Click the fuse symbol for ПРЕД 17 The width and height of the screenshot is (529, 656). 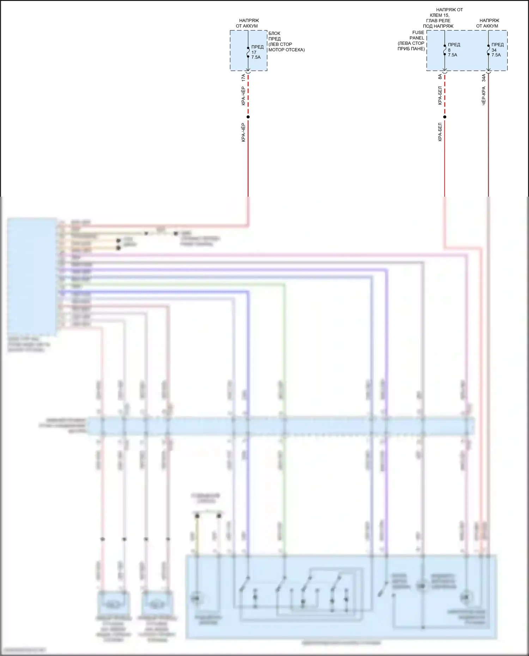click(248, 52)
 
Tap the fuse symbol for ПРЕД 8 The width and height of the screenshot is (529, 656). click(445, 50)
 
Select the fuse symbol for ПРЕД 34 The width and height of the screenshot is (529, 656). click(488, 50)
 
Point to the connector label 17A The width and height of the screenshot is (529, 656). click(243, 78)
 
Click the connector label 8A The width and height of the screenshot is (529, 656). click(440, 77)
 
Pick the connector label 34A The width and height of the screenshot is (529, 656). click(484, 78)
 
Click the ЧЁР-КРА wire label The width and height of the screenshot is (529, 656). click(484, 96)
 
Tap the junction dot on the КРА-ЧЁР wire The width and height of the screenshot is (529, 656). click(248, 117)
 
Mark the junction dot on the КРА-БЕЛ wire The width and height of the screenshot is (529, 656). click(445, 117)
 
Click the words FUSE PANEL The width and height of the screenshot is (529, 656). click(417, 35)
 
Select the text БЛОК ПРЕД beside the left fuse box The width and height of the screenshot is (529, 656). click(274, 36)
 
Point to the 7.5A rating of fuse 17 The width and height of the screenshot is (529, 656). click(256, 57)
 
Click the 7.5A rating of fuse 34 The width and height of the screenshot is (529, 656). click(496, 55)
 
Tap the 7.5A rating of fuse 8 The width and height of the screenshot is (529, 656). click(452, 55)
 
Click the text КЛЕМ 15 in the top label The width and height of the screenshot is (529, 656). click(439, 15)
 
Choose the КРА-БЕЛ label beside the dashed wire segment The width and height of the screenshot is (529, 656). click(440, 96)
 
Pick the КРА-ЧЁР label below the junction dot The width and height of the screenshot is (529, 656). click(243, 133)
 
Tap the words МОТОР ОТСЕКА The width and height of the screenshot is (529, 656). click(286, 50)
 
